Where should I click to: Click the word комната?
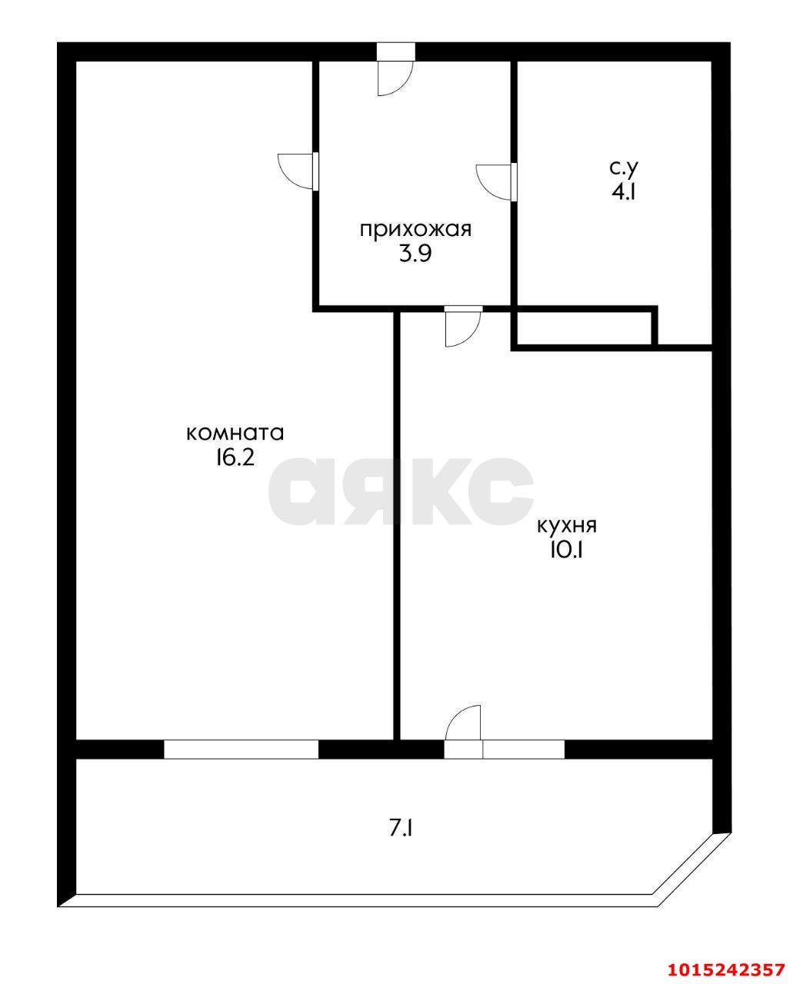point(235,433)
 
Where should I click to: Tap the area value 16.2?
point(235,458)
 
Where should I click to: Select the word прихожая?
point(415,229)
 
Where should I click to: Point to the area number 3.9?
point(415,254)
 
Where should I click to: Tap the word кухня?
point(566,526)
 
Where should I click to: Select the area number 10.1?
point(566,551)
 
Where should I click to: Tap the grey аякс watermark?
point(400,492)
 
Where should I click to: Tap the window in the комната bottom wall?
point(241,749)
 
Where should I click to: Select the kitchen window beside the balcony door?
point(523,749)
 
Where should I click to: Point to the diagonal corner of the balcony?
point(691,869)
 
